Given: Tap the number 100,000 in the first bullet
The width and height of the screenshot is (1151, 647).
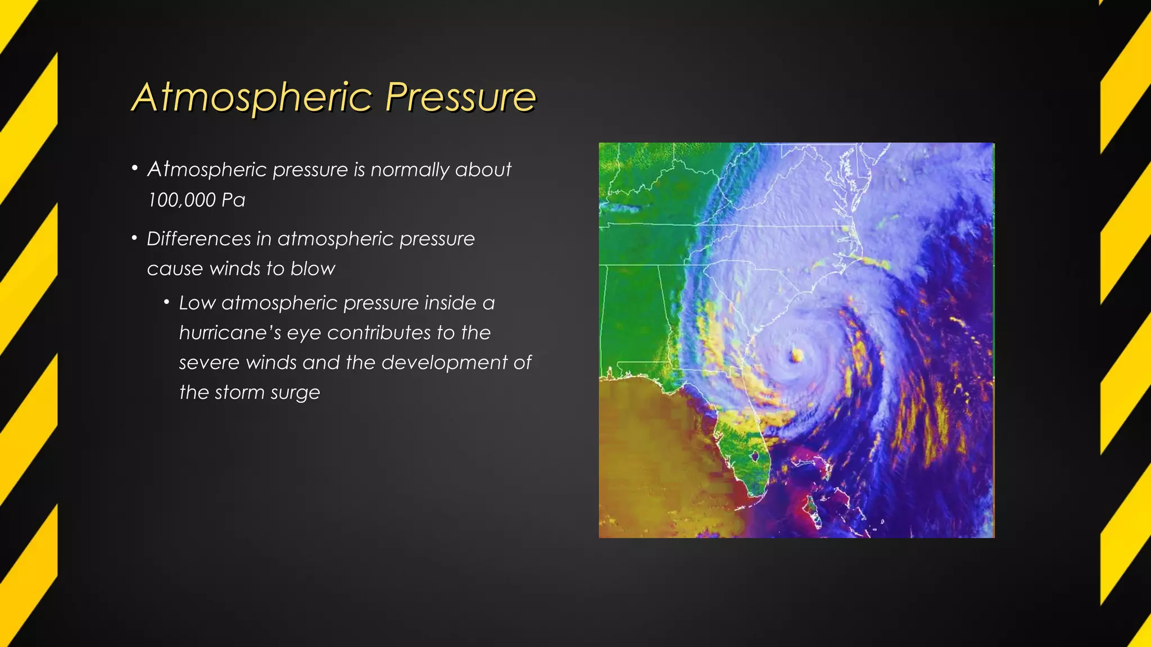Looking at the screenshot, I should (x=182, y=200).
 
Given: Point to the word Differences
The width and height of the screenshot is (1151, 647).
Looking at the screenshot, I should (x=198, y=239).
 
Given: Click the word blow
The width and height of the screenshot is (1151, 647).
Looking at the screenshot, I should (x=312, y=269).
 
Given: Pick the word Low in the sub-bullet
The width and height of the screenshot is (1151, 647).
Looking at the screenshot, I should (x=197, y=303).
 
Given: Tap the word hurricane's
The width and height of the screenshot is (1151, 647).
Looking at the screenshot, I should (x=230, y=333).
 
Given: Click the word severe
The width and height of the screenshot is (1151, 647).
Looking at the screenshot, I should (x=209, y=363).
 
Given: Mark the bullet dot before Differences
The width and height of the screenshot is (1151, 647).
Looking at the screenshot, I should (x=134, y=238).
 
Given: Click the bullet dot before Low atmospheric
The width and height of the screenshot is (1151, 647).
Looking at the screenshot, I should (x=166, y=303).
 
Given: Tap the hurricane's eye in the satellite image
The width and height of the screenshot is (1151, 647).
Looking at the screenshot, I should (x=796, y=355).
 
